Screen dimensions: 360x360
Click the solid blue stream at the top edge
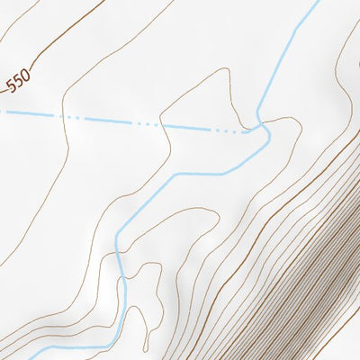(x=317, y=2)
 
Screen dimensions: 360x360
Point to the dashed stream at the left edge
(x=2, y=112)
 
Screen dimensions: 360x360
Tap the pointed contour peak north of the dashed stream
(x=219, y=72)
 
